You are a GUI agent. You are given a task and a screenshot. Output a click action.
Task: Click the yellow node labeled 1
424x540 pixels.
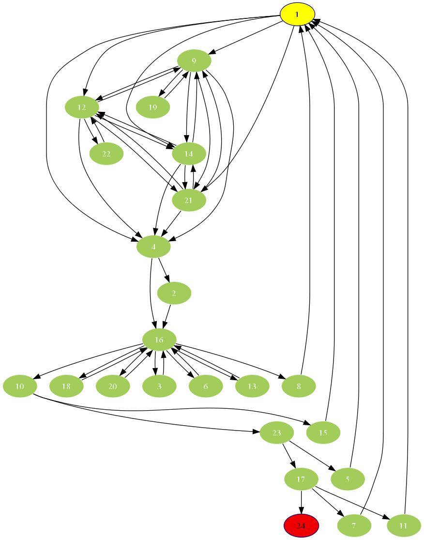click(298, 14)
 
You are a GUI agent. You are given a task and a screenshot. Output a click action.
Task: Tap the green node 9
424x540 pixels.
click(194, 61)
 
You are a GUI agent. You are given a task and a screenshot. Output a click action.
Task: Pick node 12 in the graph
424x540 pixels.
click(82, 107)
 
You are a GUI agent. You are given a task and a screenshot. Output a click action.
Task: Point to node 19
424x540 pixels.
click(153, 107)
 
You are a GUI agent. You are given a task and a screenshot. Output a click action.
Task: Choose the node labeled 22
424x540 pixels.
click(106, 154)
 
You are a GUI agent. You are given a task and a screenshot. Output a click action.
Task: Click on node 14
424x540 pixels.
click(189, 154)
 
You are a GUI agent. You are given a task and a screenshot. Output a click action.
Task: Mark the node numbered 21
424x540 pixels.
click(189, 201)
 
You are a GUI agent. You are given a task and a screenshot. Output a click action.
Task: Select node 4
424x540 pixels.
click(153, 247)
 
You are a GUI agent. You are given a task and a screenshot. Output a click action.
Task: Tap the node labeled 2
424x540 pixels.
click(174, 293)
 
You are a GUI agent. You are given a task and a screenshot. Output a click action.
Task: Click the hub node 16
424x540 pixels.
click(159, 340)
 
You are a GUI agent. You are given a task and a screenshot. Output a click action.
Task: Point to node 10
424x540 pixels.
click(20, 386)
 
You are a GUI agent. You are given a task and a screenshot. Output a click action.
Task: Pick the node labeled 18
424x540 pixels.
click(66, 386)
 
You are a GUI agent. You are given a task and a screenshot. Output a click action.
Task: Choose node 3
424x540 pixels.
click(159, 386)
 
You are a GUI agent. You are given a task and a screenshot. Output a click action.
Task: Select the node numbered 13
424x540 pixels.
click(252, 386)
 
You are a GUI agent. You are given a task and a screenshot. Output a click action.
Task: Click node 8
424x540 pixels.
click(299, 386)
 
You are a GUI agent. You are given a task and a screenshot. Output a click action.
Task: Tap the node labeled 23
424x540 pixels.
click(276, 433)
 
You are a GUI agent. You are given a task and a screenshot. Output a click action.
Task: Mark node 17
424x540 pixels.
click(301, 479)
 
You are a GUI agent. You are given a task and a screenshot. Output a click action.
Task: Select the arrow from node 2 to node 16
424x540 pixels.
click(168, 317)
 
